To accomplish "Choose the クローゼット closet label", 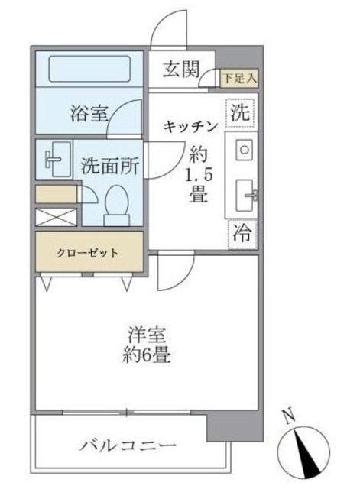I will click(x=86, y=253).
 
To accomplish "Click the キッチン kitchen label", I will click(x=191, y=127).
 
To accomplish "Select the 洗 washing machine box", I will click(x=240, y=111).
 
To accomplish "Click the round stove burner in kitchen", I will click(x=244, y=150).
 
